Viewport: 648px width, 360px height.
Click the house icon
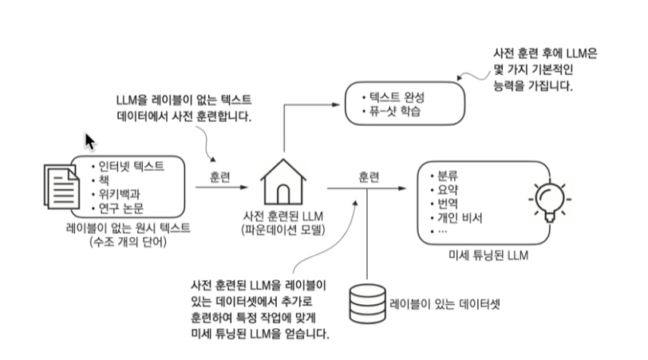pos(285,181)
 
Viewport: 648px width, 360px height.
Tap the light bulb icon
pos(547,200)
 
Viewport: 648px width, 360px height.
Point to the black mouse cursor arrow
pos(90,141)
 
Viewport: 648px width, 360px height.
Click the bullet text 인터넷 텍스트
pos(131,166)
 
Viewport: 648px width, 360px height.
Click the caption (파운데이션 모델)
pos(285,231)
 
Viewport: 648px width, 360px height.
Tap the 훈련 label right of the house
pos(368,176)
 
